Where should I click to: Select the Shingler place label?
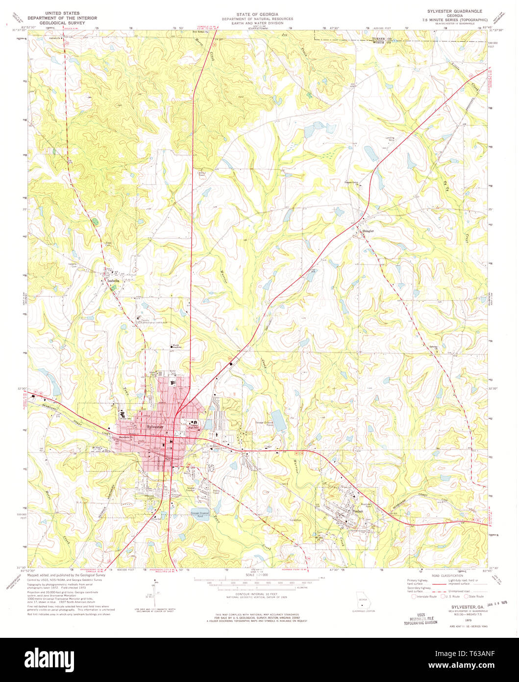368,230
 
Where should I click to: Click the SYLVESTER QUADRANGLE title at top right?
454,11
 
